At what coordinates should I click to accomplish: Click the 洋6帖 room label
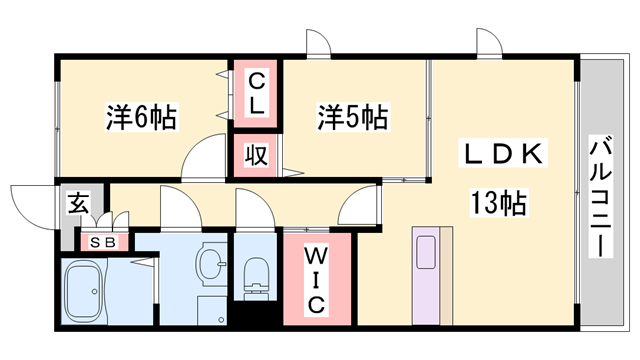[x=141, y=118]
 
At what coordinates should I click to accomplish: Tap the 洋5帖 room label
[x=353, y=118]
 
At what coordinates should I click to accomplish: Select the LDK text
[x=501, y=155]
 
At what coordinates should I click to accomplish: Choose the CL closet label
[x=257, y=91]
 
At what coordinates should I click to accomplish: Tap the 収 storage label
[x=257, y=155]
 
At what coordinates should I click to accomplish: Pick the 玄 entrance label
[x=78, y=203]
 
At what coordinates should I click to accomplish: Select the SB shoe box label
[x=103, y=242]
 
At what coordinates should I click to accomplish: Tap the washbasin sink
[x=211, y=264]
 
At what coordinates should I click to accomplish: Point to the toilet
[x=257, y=272]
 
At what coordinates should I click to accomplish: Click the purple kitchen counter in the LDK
[x=431, y=275]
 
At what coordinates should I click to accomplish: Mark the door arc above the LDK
[x=491, y=44]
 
